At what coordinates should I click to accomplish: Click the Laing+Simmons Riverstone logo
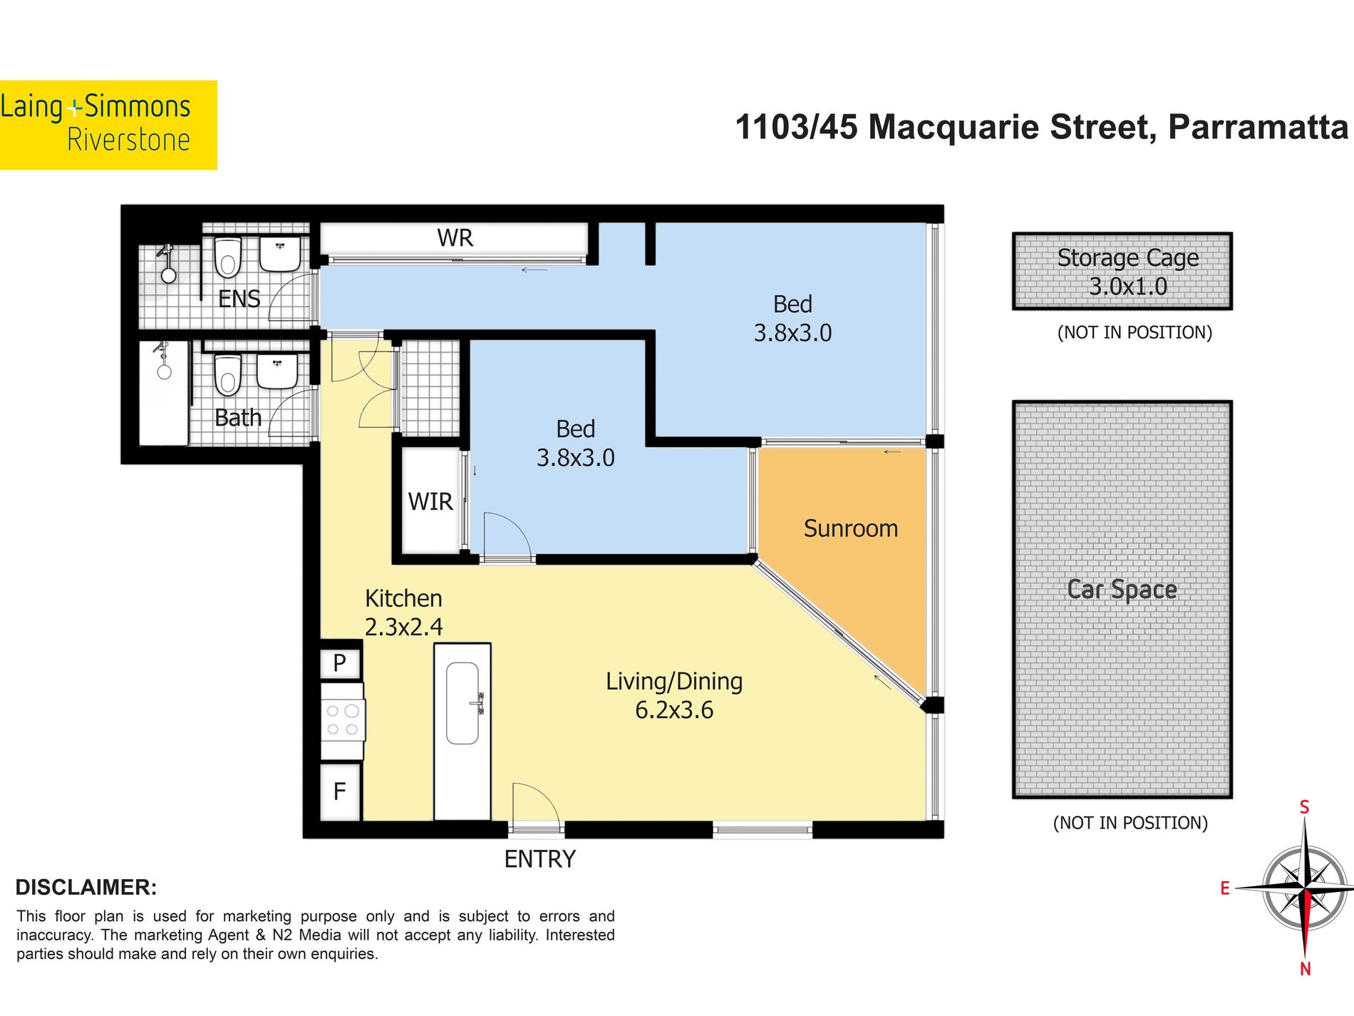[x=108, y=125]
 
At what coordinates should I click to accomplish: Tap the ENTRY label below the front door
[x=539, y=859]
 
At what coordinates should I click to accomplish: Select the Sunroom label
[x=851, y=528]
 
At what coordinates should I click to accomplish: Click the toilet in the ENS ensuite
[x=228, y=257]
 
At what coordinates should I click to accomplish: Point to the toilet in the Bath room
[x=228, y=374]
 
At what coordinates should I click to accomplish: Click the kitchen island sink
[x=462, y=703]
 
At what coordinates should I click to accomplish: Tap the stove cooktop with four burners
[x=343, y=720]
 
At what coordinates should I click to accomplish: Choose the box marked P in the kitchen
[x=340, y=663]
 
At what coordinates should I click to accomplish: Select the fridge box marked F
[x=340, y=791]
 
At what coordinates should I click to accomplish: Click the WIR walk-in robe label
[x=430, y=502]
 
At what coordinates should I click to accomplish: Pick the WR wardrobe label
[x=455, y=238]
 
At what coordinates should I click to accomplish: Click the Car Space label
[x=1122, y=590]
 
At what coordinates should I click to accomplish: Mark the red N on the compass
[x=1305, y=969]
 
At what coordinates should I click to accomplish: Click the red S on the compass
[x=1304, y=807]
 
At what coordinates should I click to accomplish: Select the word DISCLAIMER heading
[x=86, y=887]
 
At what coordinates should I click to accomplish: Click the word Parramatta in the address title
[x=1258, y=127]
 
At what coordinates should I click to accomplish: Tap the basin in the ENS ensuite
[x=280, y=254]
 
